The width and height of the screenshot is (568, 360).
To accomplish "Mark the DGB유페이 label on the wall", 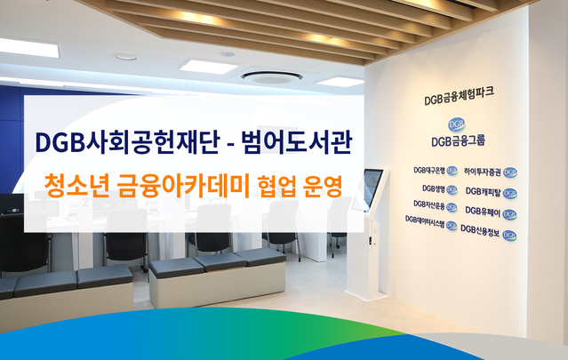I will [491, 212].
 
